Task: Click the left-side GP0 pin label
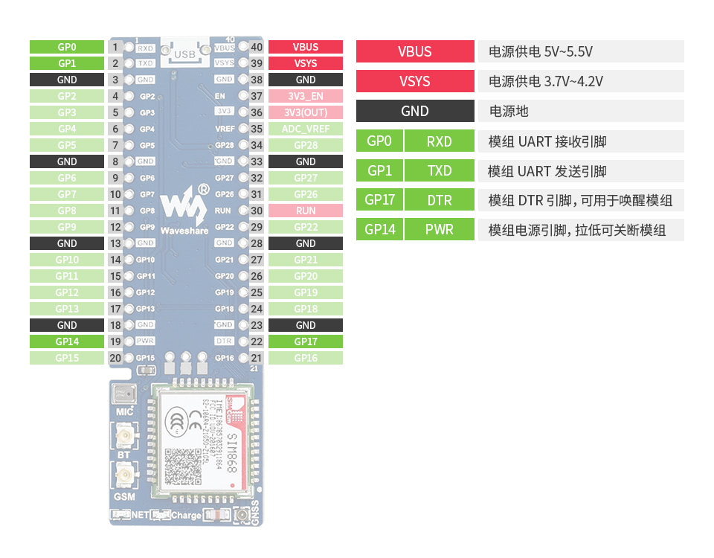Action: point(67,47)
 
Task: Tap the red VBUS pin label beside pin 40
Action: point(305,47)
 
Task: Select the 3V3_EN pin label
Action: point(305,96)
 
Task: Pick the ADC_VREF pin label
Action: point(305,129)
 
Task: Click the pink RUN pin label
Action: point(305,211)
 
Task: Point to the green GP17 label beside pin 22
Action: point(305,341)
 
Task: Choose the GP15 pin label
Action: point(67,358)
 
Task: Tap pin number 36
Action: point(257,112)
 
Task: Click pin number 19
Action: point(115,341)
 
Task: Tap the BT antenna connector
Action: point(124,434)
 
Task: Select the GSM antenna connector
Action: point(124,474)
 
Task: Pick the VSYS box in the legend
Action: point(414,81)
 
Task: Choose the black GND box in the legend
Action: point(414,111)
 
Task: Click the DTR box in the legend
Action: point(439,199)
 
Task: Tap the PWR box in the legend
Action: point(439,229)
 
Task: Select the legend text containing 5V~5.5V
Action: point(541,52)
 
